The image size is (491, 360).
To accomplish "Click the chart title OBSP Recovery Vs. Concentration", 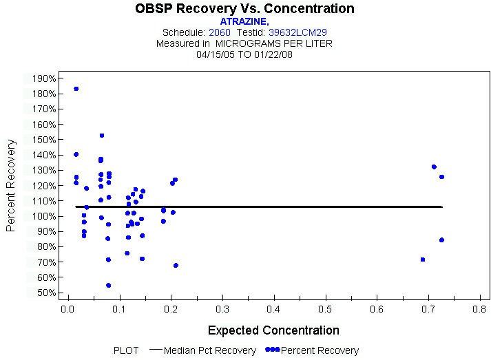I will click(245, 9).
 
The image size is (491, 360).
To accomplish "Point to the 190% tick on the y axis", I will click(43, 78).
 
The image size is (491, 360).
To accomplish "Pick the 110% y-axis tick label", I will click(43, 201).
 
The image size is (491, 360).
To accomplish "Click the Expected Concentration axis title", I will click(273, 330).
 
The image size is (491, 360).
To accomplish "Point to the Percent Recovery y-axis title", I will click(11, 185).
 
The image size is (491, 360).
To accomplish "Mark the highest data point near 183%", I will click(76, 89).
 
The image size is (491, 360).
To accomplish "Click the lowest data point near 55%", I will click(108, 285).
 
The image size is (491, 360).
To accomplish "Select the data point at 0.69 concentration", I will click(422, 260).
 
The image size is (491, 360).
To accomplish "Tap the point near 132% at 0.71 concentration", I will click(434, 167).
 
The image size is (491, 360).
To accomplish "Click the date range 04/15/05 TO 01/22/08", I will click(245, 54).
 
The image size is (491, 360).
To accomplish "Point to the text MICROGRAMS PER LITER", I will click(274, 43).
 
